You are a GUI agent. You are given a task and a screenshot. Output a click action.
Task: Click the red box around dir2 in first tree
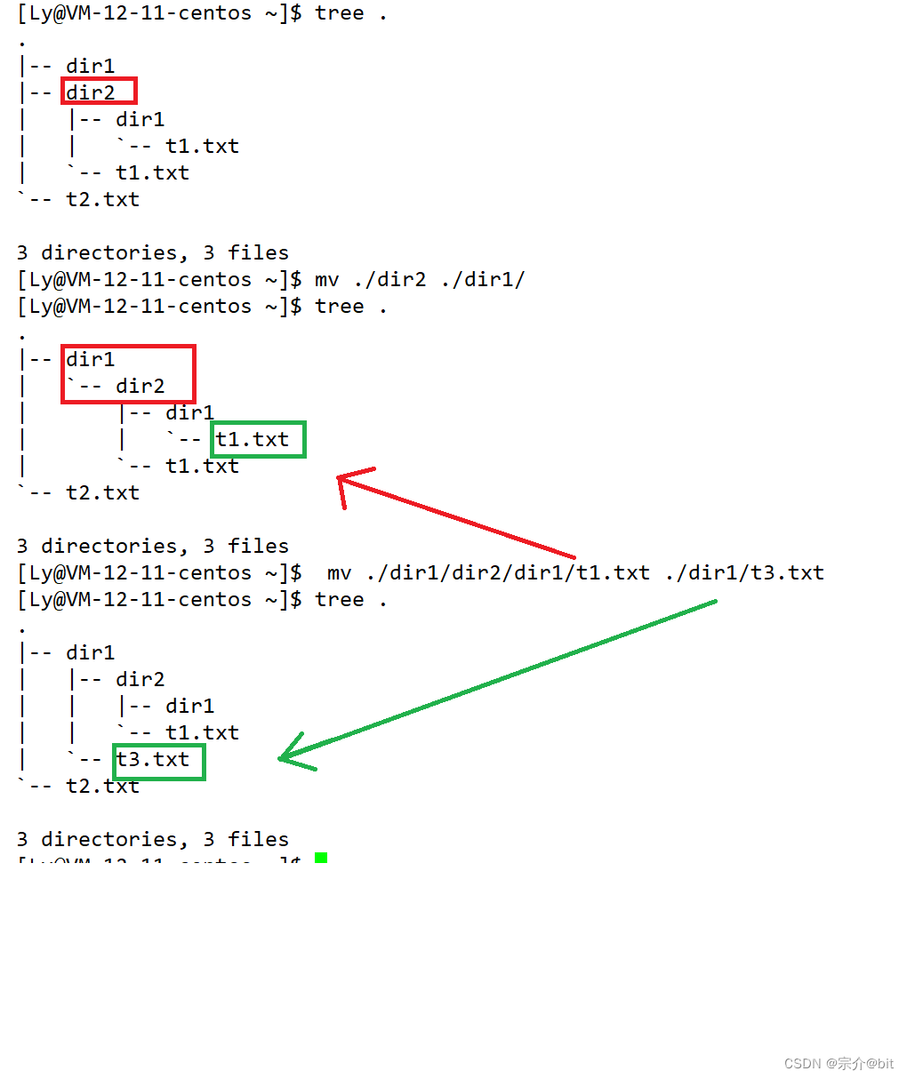pos(99,91)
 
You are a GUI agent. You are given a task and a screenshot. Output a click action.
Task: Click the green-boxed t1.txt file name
pos(258,439)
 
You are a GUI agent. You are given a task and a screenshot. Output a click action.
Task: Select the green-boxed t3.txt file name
pos(158,761)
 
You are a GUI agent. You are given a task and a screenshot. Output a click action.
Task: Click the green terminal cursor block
pos(321,858)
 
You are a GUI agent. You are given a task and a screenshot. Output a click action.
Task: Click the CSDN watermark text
pos(839,1063)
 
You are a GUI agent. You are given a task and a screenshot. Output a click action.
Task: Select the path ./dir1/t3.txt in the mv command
pos(744,572)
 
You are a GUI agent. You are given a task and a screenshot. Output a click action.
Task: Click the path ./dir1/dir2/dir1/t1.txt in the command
pos(508,572)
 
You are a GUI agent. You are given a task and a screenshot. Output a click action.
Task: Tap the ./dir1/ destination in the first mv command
pos(483,279)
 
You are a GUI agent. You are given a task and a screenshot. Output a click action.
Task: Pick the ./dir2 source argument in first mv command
pos(389,279)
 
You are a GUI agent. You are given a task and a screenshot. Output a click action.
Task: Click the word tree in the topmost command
pos(339,13)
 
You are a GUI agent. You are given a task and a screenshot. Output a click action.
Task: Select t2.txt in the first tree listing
pos(103,199)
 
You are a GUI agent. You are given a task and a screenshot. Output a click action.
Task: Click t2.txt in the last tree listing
pos(103,786)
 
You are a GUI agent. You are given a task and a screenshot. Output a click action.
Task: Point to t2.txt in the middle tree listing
pos(103,492)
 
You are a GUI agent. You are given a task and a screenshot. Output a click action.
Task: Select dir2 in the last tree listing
pos(140,679)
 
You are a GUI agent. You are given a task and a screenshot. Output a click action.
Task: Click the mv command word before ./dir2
pos(326,279)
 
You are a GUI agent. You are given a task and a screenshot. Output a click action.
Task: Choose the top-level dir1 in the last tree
pos(91,652)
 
